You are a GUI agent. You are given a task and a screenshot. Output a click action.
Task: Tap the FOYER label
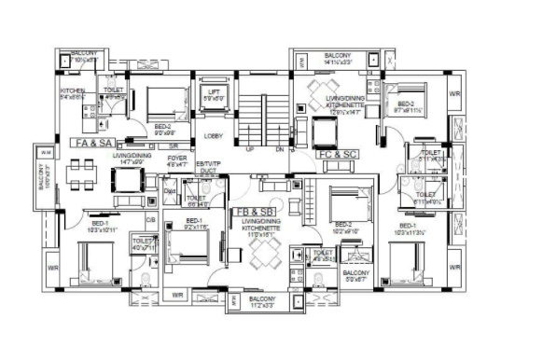[176, 158]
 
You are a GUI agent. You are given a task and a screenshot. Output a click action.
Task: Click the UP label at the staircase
[249, 148]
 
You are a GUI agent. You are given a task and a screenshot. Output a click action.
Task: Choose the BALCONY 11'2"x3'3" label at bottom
[260, 303]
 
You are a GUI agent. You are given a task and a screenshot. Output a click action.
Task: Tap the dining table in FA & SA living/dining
[81, 173]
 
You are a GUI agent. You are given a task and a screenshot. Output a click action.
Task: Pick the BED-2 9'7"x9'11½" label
[407, 107]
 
